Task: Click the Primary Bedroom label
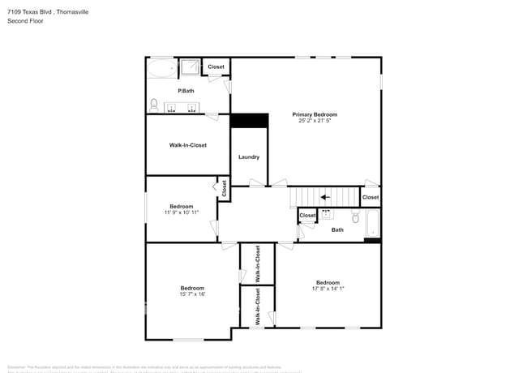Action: (315, 114)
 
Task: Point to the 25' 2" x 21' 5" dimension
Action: (315, 121)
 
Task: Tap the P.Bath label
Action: (186, 90)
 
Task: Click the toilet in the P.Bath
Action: (154, 104)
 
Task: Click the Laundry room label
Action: (249, 156)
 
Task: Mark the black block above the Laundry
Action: (249, 120)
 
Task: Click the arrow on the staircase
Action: (324, 196)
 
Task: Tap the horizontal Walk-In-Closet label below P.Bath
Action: (187, 145)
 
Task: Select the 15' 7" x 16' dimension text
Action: (192, 294)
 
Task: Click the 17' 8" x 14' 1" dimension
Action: (328, 288)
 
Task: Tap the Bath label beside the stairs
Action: (337, 229)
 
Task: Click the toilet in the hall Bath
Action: (355, 217)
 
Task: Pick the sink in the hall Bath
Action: (327, 214)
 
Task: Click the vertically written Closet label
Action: (225, 188)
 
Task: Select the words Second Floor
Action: (25, 21)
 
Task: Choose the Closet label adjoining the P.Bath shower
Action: (216, 66)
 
